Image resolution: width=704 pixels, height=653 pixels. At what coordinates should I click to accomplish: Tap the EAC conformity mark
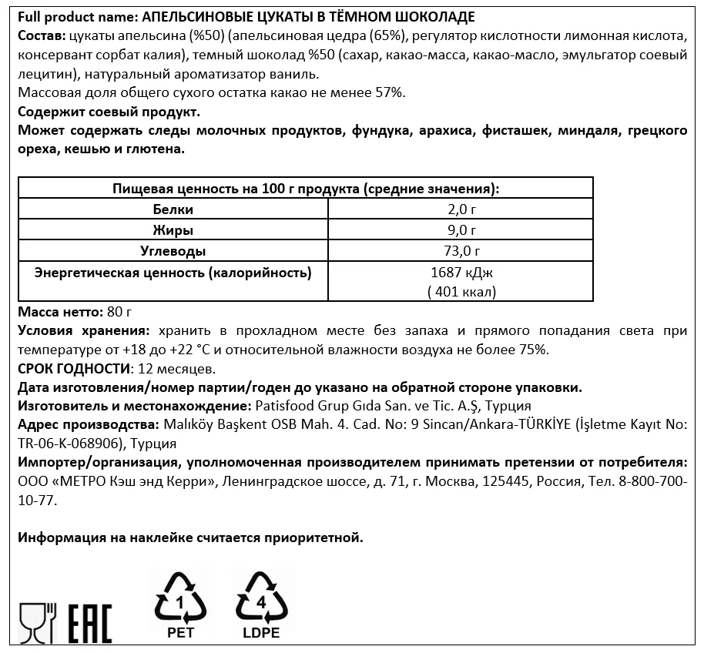click(90, 624)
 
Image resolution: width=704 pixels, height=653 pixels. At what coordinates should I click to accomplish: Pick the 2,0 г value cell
click(461, 209)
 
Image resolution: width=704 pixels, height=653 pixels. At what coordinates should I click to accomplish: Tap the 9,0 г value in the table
click(461, 230)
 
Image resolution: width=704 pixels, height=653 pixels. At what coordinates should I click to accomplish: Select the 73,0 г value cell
click(461, 251)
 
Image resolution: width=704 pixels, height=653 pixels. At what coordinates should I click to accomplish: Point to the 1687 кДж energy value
click(461, 273)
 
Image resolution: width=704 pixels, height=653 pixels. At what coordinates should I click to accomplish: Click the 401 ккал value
click(461, 291)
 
